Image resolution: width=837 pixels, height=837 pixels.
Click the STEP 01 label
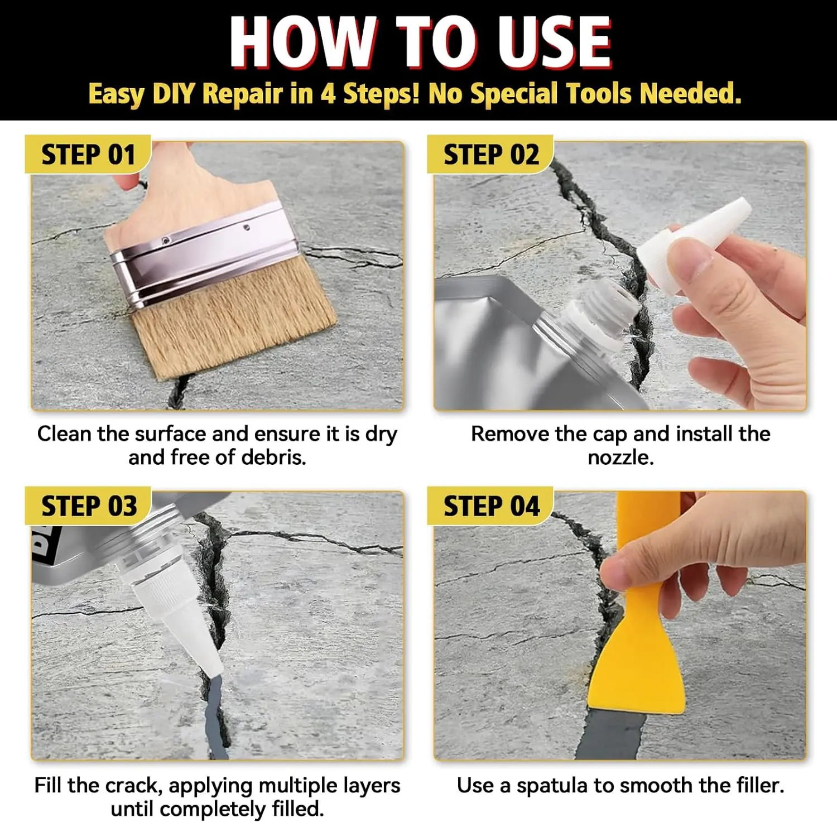(88, 155)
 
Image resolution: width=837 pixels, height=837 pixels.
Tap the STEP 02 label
(491, 155)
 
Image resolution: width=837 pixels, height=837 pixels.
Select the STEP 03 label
(89, 506)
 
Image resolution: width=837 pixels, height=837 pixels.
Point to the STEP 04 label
(491, 506)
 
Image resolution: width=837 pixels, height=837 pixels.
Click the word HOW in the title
(302, 42)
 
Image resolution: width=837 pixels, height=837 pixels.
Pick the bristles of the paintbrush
(234, 318)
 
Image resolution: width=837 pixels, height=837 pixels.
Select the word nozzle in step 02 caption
(620, 458)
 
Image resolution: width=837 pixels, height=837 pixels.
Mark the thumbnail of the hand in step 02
(691, 261)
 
